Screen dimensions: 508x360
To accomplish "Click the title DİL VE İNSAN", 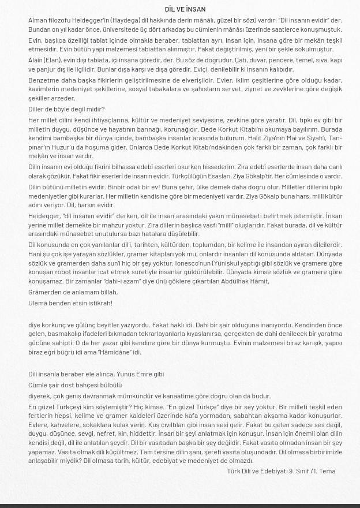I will (x=185, y=9).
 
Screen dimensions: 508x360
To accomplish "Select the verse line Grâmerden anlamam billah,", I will (x=73, y=292).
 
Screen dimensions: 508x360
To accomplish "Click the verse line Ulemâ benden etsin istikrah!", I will (x=70, y=303).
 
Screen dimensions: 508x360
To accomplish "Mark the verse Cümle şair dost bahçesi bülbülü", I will (x=75, y=385).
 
